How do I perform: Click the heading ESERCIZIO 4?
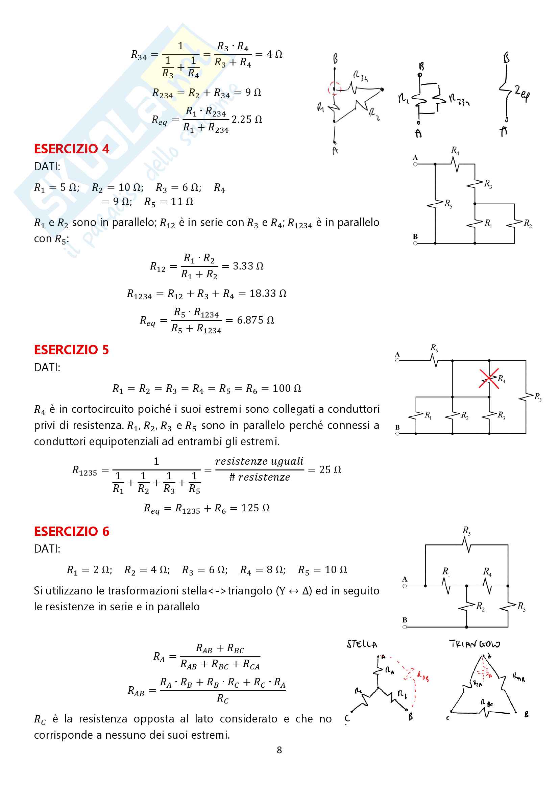[x=72, y=149]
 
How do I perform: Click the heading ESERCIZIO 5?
[x=71, y=350]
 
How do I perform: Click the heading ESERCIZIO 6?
[x=72, y=532]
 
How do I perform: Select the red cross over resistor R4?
[x=489, y=379]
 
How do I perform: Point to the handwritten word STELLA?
[x=362, y=644]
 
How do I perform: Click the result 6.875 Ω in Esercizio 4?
[x=256, y=320]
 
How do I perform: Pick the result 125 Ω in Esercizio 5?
[x=255, y=508]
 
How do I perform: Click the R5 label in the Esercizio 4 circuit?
[x=448, y=204]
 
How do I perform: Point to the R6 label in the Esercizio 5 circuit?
[x=434, y=348]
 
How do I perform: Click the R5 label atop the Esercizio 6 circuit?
[x=466, y=531]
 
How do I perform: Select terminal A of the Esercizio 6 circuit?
[x=405, y=586]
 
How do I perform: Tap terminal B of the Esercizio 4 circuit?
[x=415, y=243]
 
